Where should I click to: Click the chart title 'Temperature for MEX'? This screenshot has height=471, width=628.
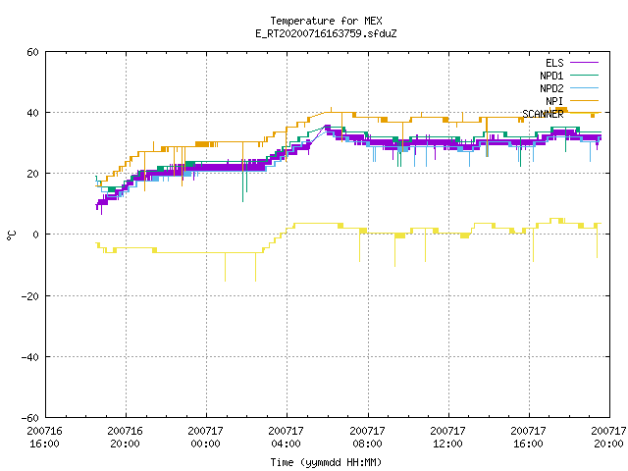tap(326, 21)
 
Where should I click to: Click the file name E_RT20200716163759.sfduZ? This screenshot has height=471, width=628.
tap(326, 33)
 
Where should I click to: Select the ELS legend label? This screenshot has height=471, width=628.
tap(554, 63)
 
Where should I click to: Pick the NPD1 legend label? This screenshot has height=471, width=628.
tap(551, 76)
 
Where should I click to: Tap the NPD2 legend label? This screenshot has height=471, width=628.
tap(551, 88)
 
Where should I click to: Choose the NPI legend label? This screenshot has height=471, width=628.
tap(554, 101)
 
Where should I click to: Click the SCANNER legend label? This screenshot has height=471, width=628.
tap(543, 114)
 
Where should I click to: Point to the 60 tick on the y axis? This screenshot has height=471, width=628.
tap(32, 52)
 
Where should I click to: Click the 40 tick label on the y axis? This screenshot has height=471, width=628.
tap(32, 113)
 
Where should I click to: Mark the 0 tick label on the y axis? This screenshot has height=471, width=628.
tap(35, 235)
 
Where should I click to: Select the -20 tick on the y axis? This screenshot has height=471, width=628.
tap(30, 296)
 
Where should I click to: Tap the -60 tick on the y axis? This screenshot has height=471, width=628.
tap(30, 418)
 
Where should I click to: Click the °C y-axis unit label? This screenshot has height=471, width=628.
tap(11, 235)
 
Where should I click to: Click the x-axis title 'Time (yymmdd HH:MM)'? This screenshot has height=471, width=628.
tap(326, 462)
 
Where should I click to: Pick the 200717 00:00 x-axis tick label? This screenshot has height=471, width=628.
tap(205, 437)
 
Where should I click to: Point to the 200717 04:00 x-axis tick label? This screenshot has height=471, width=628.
tap(286, 437)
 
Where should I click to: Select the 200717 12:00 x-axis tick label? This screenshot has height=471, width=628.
tap(447, 437)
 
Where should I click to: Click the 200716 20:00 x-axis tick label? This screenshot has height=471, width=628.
tap(125, 437)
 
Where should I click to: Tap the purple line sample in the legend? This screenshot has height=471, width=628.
tap(584, 63)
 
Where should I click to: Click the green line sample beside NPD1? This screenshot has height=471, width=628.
tap(584, 76)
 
